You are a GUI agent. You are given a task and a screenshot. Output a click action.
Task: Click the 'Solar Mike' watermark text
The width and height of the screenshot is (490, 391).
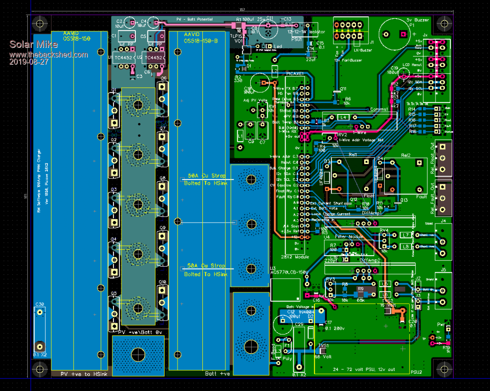click(33, 45)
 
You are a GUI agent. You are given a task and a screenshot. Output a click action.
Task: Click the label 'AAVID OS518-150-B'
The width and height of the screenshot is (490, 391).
click(200, 37)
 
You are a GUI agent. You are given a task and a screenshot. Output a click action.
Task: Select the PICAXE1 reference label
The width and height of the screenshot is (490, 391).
click(294, 73)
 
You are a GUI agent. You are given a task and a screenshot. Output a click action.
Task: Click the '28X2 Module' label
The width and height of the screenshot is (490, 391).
click(293, 257)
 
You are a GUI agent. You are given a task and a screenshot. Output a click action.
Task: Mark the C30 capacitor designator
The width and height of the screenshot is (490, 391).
click(40, 304)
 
